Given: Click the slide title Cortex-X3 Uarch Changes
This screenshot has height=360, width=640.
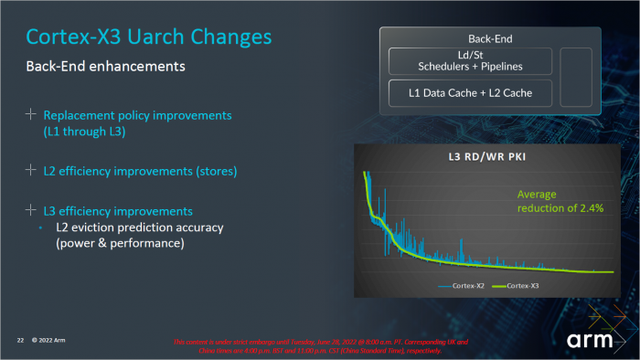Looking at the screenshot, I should point(148,37).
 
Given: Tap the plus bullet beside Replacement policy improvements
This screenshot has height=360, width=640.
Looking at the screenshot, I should point(31,115).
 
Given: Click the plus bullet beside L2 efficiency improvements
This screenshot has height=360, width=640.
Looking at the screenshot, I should point(31,170).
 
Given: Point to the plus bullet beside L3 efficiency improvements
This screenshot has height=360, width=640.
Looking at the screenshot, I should point(31,209).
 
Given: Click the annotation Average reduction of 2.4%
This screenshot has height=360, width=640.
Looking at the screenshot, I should point(554,202).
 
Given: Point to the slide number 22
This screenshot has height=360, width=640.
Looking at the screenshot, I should point(19,340).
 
